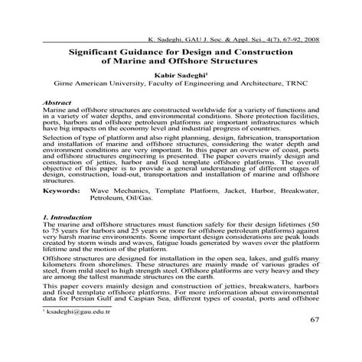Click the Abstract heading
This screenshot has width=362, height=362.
click(x=58, y=102)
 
